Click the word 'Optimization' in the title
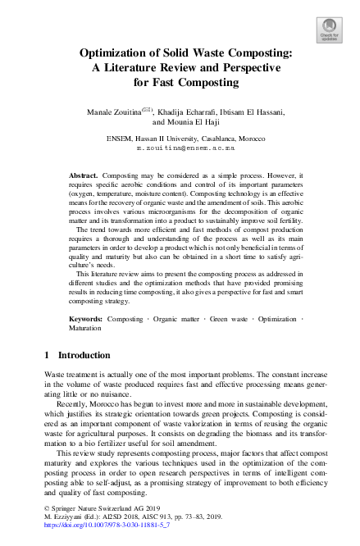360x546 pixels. point(116,53)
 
